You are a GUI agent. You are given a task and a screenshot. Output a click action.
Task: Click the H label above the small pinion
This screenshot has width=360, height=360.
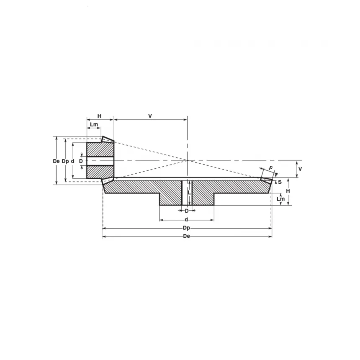(x=99, y=116)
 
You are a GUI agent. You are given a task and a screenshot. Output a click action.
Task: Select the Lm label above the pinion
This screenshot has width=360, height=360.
(x=94, y=125)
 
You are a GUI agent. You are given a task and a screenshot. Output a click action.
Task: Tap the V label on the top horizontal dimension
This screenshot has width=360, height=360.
(x=150, y=116)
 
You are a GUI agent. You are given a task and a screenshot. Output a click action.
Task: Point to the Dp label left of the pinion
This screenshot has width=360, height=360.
(x=65, y=161)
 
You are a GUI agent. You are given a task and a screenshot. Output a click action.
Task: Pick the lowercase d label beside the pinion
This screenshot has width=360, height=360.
(x=73, y=161)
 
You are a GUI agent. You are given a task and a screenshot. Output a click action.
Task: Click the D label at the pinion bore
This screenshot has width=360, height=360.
(x=81, y=161)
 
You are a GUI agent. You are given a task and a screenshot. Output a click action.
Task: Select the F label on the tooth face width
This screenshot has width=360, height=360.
(x=271, y=168)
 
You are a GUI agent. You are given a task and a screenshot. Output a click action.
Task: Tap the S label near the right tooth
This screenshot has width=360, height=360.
(x=280, y=182)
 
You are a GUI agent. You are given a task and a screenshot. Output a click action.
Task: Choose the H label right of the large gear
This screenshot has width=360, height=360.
(x=288, y=191)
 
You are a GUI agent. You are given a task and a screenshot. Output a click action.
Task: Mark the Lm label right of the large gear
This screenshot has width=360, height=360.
(x=280, y=199)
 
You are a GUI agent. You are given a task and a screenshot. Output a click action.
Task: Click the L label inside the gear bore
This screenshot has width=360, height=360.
(x=189, y=193)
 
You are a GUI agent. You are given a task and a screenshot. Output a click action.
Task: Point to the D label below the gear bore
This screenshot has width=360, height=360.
(x=187, y=211)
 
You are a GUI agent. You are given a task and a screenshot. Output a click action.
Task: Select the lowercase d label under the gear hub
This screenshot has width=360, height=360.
(x=186, y=219)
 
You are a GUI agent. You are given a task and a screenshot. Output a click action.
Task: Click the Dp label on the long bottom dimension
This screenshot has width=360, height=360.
(x=187, y=228)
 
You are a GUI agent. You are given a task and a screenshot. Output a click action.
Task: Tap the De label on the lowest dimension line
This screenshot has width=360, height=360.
(x=187, y=237)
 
